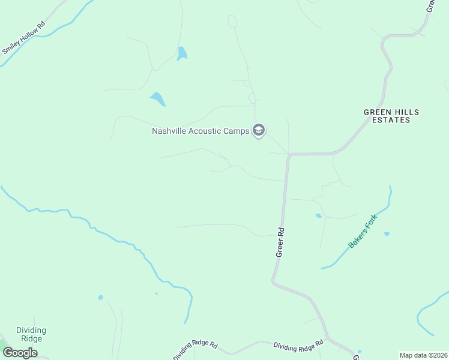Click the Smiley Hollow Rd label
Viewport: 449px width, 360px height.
click(25, 39)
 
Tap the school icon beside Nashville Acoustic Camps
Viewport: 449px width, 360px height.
click(259, 130)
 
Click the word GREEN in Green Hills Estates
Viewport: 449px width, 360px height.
click(376, 112)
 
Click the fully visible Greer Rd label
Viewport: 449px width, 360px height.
click(280, 242)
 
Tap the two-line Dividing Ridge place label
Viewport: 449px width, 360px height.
click(31, 334)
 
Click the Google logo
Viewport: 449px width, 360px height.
click(20, 353)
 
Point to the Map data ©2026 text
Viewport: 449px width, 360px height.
click(423, 355)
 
